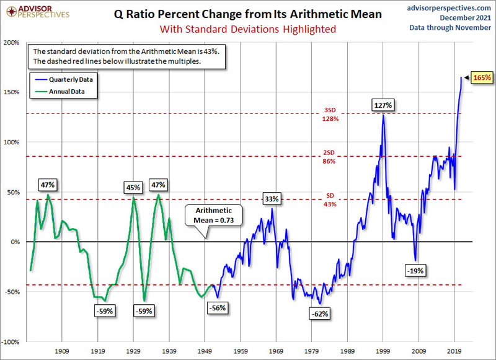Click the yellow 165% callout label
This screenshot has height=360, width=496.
(482, 78)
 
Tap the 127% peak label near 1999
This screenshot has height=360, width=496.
(383, 105)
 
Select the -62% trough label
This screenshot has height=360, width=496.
(319, 314)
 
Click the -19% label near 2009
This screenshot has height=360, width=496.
(414, 270)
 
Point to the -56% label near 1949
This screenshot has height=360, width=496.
(218, 308)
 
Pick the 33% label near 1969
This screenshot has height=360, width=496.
(272, 199)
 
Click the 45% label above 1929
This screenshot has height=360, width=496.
(133, 187)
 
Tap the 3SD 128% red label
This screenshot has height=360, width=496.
(330, 115)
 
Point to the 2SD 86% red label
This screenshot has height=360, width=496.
(329, 157)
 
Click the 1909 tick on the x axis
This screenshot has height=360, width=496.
(61, 350)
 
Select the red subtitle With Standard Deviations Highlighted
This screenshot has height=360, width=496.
(247, 29)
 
